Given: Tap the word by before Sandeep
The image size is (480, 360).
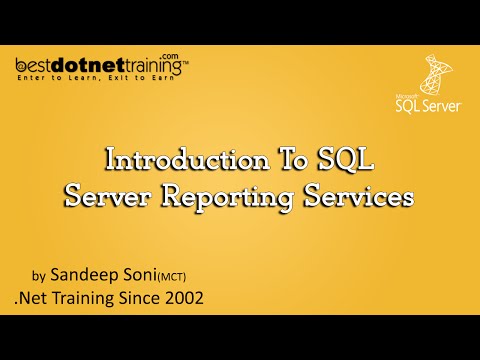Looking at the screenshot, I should (40, 273).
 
